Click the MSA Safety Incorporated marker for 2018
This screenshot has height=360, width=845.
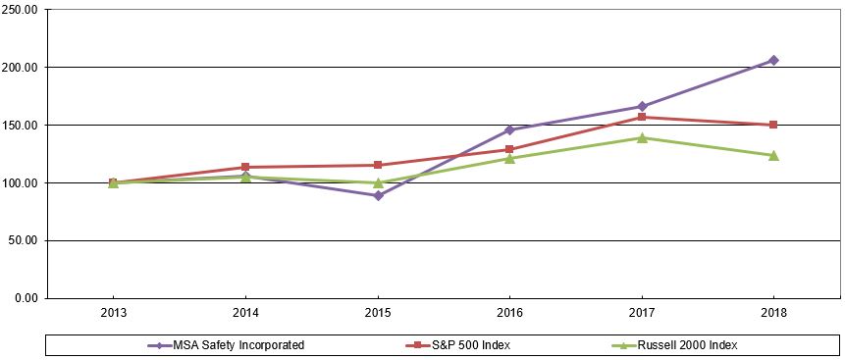(x=773, y=60)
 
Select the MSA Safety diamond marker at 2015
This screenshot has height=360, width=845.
(x=378, y=195)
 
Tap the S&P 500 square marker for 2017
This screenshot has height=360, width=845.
(x=642, y=118)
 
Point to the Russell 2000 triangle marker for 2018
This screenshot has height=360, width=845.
(x=773, y=155)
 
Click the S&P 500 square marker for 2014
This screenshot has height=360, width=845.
(x=245, y=167)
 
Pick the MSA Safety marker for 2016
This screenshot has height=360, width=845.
(x=509, y=129)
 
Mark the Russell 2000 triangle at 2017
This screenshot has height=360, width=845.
(x=642, y=138)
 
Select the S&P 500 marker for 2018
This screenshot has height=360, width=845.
(x=773, y=125)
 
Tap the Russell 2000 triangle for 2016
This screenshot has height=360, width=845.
(x=509, y=158)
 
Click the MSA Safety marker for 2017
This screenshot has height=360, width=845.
(x=642, y=106)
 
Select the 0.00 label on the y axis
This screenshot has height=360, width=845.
(x=26, y=298)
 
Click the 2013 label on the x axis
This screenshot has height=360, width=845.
(x=114, y=313)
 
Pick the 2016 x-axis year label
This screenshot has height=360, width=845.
(x=509, y=313)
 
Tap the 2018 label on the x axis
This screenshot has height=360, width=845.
(x=773, y=313)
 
